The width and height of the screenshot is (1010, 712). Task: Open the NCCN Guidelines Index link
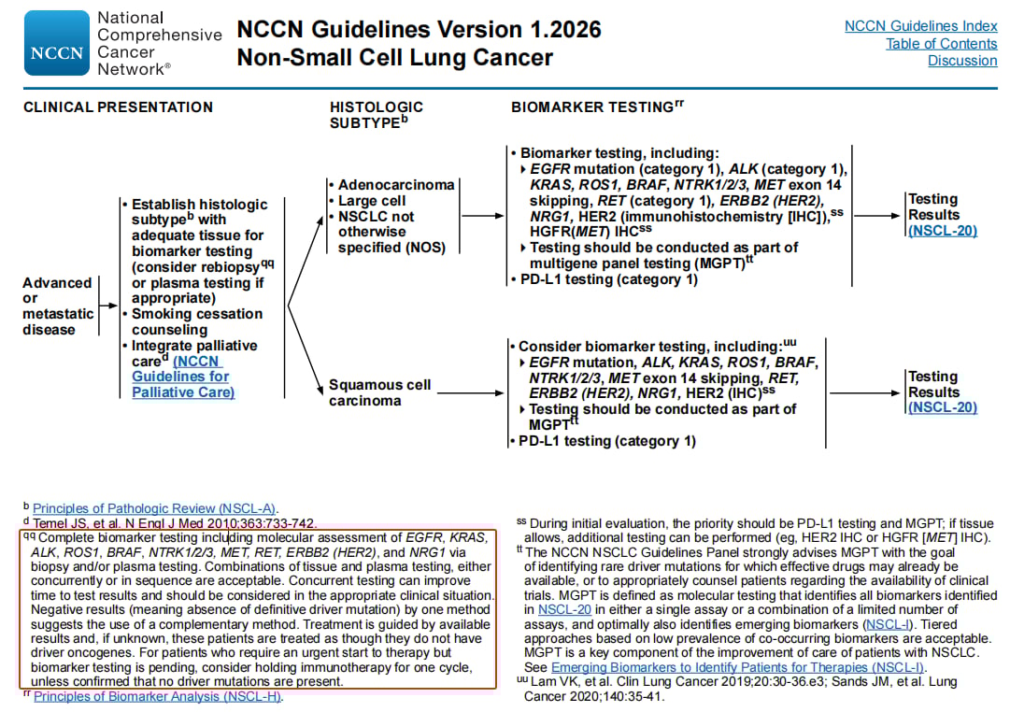point(920,26)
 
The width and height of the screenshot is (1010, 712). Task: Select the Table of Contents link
point(941,44)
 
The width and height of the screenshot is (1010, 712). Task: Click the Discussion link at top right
point(962,61)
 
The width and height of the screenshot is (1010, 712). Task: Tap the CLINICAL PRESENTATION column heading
point(118,107)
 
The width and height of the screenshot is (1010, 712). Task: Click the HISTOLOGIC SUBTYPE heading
point(376,114)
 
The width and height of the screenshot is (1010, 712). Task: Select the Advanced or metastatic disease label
point(58,306)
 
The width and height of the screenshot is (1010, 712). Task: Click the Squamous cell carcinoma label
point(379,392)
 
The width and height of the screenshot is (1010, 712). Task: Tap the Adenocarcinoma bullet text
point(395,185)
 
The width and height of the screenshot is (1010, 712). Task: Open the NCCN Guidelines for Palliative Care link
point(182,377)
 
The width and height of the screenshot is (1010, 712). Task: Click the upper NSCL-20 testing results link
point(942,231)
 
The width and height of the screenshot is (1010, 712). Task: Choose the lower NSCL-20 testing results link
point(942,407)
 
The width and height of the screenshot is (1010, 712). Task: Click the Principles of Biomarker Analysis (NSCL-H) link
point(157,696)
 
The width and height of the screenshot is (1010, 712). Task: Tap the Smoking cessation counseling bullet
point(196,321)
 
